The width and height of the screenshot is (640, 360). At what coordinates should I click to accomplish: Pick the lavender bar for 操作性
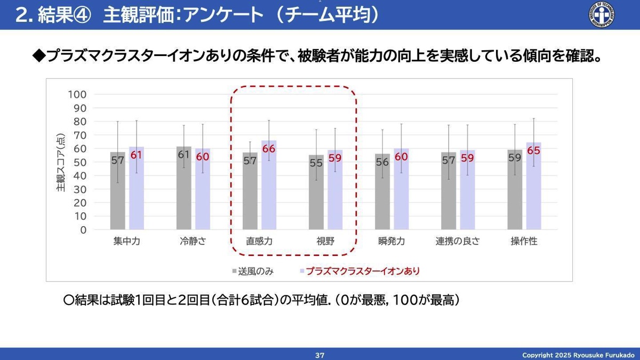tap(533, 186)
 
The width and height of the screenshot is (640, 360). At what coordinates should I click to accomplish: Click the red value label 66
tap(269, 149)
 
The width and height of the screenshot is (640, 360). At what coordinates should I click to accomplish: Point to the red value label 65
tap(533, 150)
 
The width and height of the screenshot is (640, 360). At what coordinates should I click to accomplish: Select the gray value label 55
tap(316, 163)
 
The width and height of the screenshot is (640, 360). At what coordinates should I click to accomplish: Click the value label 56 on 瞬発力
tap(382, 162)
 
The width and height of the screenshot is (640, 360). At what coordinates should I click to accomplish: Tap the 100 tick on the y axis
tap(78, 94)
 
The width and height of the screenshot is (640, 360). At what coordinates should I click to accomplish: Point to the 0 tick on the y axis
tap(83, 230)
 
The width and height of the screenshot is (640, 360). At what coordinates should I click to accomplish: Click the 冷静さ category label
tap(193, 241)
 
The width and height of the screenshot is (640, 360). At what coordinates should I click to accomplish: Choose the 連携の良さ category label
tap(458, 241)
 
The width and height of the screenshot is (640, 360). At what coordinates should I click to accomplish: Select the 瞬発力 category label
tap(391, 241)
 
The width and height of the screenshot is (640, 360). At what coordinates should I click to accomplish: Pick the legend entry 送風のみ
tap(255, 271)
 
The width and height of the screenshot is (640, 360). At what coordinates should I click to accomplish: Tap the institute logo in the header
tap(601, 14)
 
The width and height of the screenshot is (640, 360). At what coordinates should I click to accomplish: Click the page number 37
tap(320, 355)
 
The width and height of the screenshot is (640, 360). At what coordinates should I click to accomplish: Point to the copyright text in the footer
tap(578, 355)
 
